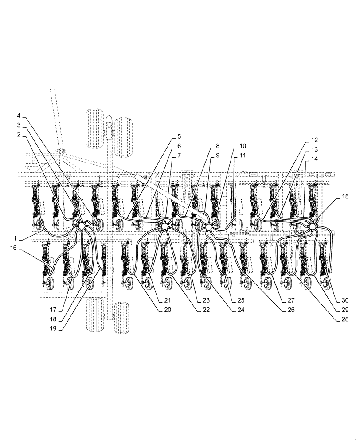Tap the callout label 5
[x=179, y=136]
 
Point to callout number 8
[x=218, y=145]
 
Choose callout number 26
[x=290, y=310]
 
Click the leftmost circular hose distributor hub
[x=82, y=226]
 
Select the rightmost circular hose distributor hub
[x=313, y=227]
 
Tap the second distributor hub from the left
[x=164, y=226]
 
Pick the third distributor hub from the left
[x=208, y=227]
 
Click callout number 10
[x=243, y=145]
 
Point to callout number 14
[x=314, y=159]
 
